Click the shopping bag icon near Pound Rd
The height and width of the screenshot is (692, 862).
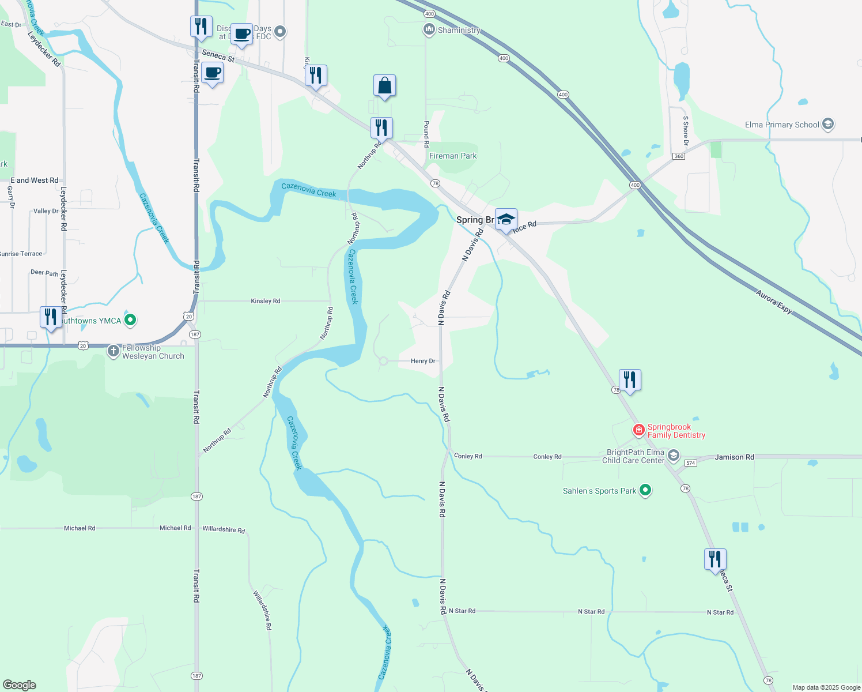coord(384,86)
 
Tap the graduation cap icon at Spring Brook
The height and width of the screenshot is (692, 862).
coord(506,220)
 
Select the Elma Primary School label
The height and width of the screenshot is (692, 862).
coord(781,125)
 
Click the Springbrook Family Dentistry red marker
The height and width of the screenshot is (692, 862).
coord(638,430)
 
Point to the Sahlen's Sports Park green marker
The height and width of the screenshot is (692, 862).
coord(645,490)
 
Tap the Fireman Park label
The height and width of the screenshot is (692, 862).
coord(453,156)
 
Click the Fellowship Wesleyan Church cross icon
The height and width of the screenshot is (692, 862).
coord(114,351)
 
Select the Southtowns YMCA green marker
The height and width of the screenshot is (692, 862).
coord(130,320)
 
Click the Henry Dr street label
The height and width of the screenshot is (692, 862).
coord(423,361)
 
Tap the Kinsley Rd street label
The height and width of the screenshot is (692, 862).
coord(266,301)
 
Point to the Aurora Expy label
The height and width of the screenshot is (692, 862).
coord(774,301)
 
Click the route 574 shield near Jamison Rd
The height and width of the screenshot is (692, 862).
coord(691,463)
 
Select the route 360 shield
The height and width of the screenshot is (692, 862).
coord(678,156)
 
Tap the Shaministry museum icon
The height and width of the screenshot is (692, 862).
coord(429,29)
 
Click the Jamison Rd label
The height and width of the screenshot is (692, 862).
coord(734,457)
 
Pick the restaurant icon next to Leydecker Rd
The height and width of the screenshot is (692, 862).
coord(51,318)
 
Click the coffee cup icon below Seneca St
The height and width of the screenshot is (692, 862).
coord(213,74)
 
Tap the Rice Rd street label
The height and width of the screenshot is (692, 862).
coord(524,227)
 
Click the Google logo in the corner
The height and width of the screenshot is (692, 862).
coord(20,685)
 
